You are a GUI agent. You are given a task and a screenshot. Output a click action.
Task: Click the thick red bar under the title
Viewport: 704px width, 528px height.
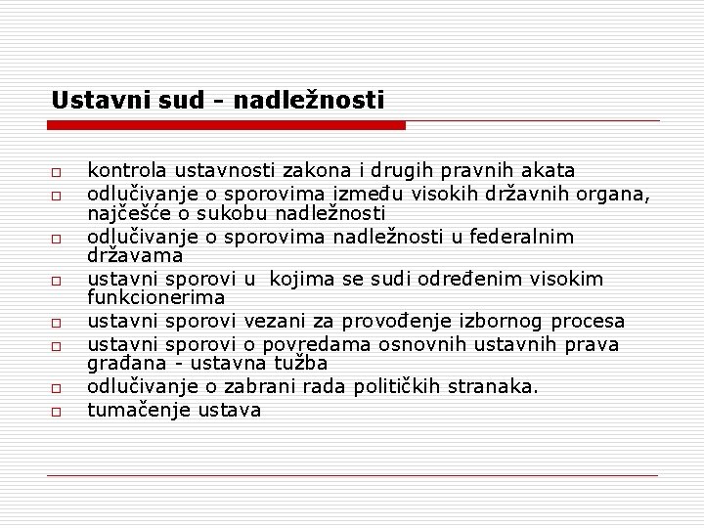(x=226, y=125)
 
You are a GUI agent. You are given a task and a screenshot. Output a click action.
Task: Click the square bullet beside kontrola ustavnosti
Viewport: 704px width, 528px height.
(x=59, y=172)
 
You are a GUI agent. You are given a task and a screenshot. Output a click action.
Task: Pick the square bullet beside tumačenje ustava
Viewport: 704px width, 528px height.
(x=59, y=413)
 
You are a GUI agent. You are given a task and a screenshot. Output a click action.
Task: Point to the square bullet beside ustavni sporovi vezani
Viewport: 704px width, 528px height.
(x=59, y=323)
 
